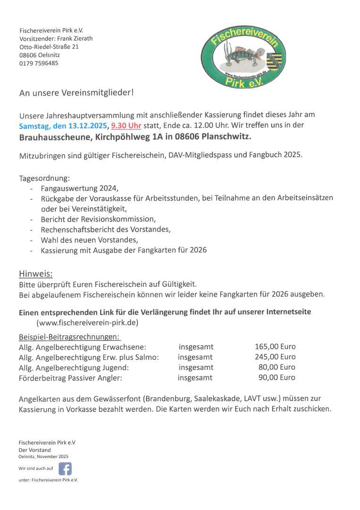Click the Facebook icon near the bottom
[65, 468]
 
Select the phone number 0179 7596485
[39, 63]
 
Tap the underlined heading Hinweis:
[35, 274]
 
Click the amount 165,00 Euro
[275, 347]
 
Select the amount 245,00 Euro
[275, 357]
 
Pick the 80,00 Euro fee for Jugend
[277, 367]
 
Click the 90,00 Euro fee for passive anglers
[277, 378]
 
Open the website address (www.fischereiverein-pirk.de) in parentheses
[87, 323]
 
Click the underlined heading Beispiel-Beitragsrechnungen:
[69, 337]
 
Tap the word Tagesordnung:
[44, 178]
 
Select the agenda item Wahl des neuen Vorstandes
[89, 240]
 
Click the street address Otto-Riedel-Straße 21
[49, 47]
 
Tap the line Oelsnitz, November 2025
[43, 457]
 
